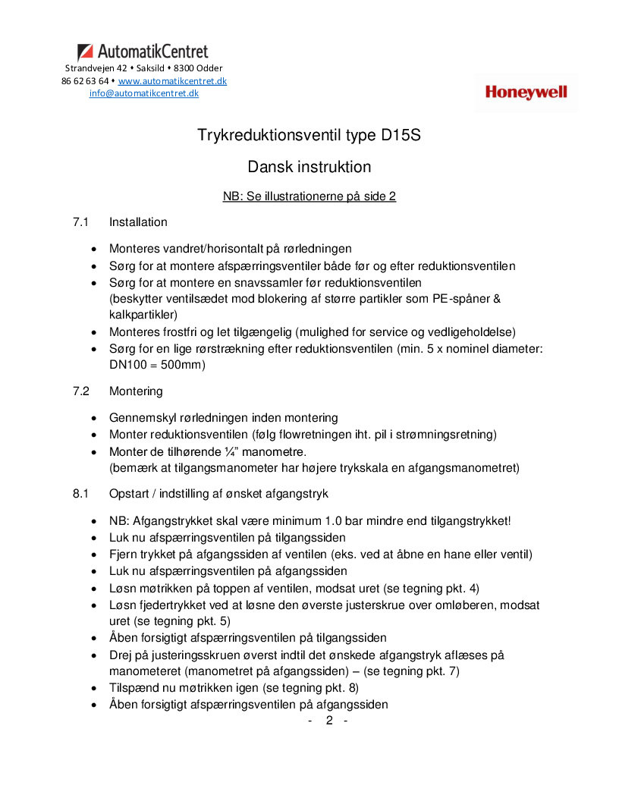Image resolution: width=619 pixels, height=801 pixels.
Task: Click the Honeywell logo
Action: coord(526,93)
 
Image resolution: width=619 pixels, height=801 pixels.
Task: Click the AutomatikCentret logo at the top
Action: coord(143,52)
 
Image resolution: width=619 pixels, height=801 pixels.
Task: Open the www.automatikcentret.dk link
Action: coord(172,81)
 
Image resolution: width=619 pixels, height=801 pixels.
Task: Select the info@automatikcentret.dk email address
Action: coord(144,93)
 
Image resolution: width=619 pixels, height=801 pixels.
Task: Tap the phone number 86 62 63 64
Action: coord(85,81)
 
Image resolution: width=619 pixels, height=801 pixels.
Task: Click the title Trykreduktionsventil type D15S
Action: coord(309,136)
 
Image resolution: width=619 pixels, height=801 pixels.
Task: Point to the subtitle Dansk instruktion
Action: coord(309,167)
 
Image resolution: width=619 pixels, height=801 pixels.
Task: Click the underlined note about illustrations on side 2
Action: coord(309,196)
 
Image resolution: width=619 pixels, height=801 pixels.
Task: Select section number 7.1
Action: coord(81,222)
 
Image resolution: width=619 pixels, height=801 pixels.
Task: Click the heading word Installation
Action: coord(138,222)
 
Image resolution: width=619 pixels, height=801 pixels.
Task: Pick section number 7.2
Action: coord(81,391)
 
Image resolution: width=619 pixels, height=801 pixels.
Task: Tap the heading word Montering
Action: coord(136,391)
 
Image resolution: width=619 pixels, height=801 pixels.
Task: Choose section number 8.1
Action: coord(81,494)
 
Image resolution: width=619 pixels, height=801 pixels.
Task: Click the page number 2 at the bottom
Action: coord(329,720)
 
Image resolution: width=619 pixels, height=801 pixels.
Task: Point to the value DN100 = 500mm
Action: coord(157,365)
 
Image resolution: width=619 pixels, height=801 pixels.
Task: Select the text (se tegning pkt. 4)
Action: coord(426,588)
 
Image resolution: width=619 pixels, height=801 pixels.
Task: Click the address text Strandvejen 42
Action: coord(96,68)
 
